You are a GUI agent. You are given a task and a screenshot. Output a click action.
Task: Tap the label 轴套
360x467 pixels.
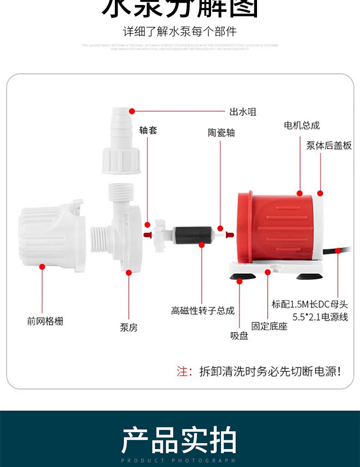(148, 130)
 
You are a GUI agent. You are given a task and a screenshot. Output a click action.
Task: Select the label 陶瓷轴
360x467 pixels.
(221, 133)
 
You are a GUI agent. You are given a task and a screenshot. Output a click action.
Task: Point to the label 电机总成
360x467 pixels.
(302, 125)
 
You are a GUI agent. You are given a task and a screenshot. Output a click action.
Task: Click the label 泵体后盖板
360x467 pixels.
(329, 145)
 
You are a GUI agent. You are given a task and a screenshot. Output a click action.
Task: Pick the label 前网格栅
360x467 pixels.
(45, 321)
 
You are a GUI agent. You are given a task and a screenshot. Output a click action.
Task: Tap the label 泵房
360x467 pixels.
(129, 327)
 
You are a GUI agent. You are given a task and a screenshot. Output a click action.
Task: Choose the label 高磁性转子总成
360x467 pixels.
(203, 311)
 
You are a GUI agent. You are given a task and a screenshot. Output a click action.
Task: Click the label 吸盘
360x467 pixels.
(239, 337)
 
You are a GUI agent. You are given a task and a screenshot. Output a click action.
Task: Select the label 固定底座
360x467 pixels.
(270, 326)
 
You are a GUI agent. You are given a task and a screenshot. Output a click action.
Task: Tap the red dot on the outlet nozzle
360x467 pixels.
(132, 111)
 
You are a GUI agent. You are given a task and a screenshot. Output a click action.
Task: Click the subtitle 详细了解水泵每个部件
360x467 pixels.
(180, 32)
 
